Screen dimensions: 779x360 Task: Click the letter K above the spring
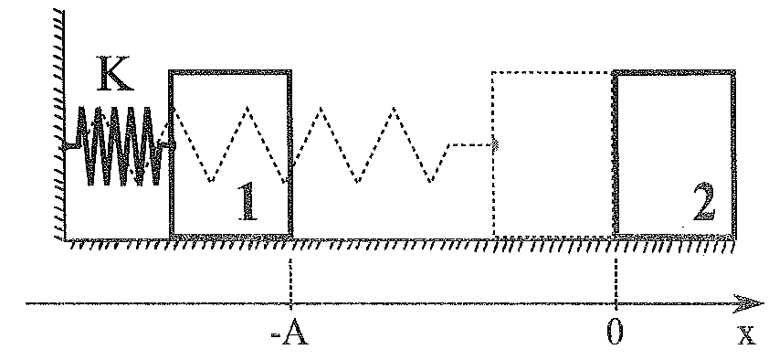tap(115, 74)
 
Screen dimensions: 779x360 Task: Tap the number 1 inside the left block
tap(247, 201)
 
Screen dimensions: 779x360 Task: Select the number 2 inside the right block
tap(704, 202)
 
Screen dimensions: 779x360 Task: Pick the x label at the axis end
tap(745, 334)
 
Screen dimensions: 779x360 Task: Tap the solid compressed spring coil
tap(121, 145)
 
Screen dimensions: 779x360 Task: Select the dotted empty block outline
tap(493, 154)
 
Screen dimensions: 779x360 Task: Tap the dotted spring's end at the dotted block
tap(494, 144)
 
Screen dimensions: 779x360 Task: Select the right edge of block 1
tap(289, 154)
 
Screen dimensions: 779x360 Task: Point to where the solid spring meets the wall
tap(67, 145)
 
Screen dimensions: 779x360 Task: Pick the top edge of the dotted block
tap(552, 72)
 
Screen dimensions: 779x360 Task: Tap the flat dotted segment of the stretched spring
tap(470, 144)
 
